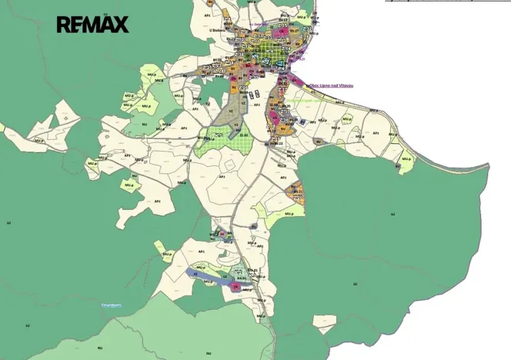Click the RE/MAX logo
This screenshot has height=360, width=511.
pyautogui.click(x=93, y=25)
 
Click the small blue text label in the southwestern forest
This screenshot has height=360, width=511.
pyautogui.click(x=112, y=305)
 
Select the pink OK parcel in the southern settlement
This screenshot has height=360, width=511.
pyautogui.click(x=236, y=286)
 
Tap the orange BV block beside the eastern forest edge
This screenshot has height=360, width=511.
pyautogui.click(x=296, y=192)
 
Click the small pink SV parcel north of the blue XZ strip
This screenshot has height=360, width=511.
pyautogui.click(x=222, y=233)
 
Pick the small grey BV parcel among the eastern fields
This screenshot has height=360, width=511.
pyautogui.click(x=305, y=122)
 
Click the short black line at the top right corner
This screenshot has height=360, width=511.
pyautogui.click(x=446, y=2)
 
